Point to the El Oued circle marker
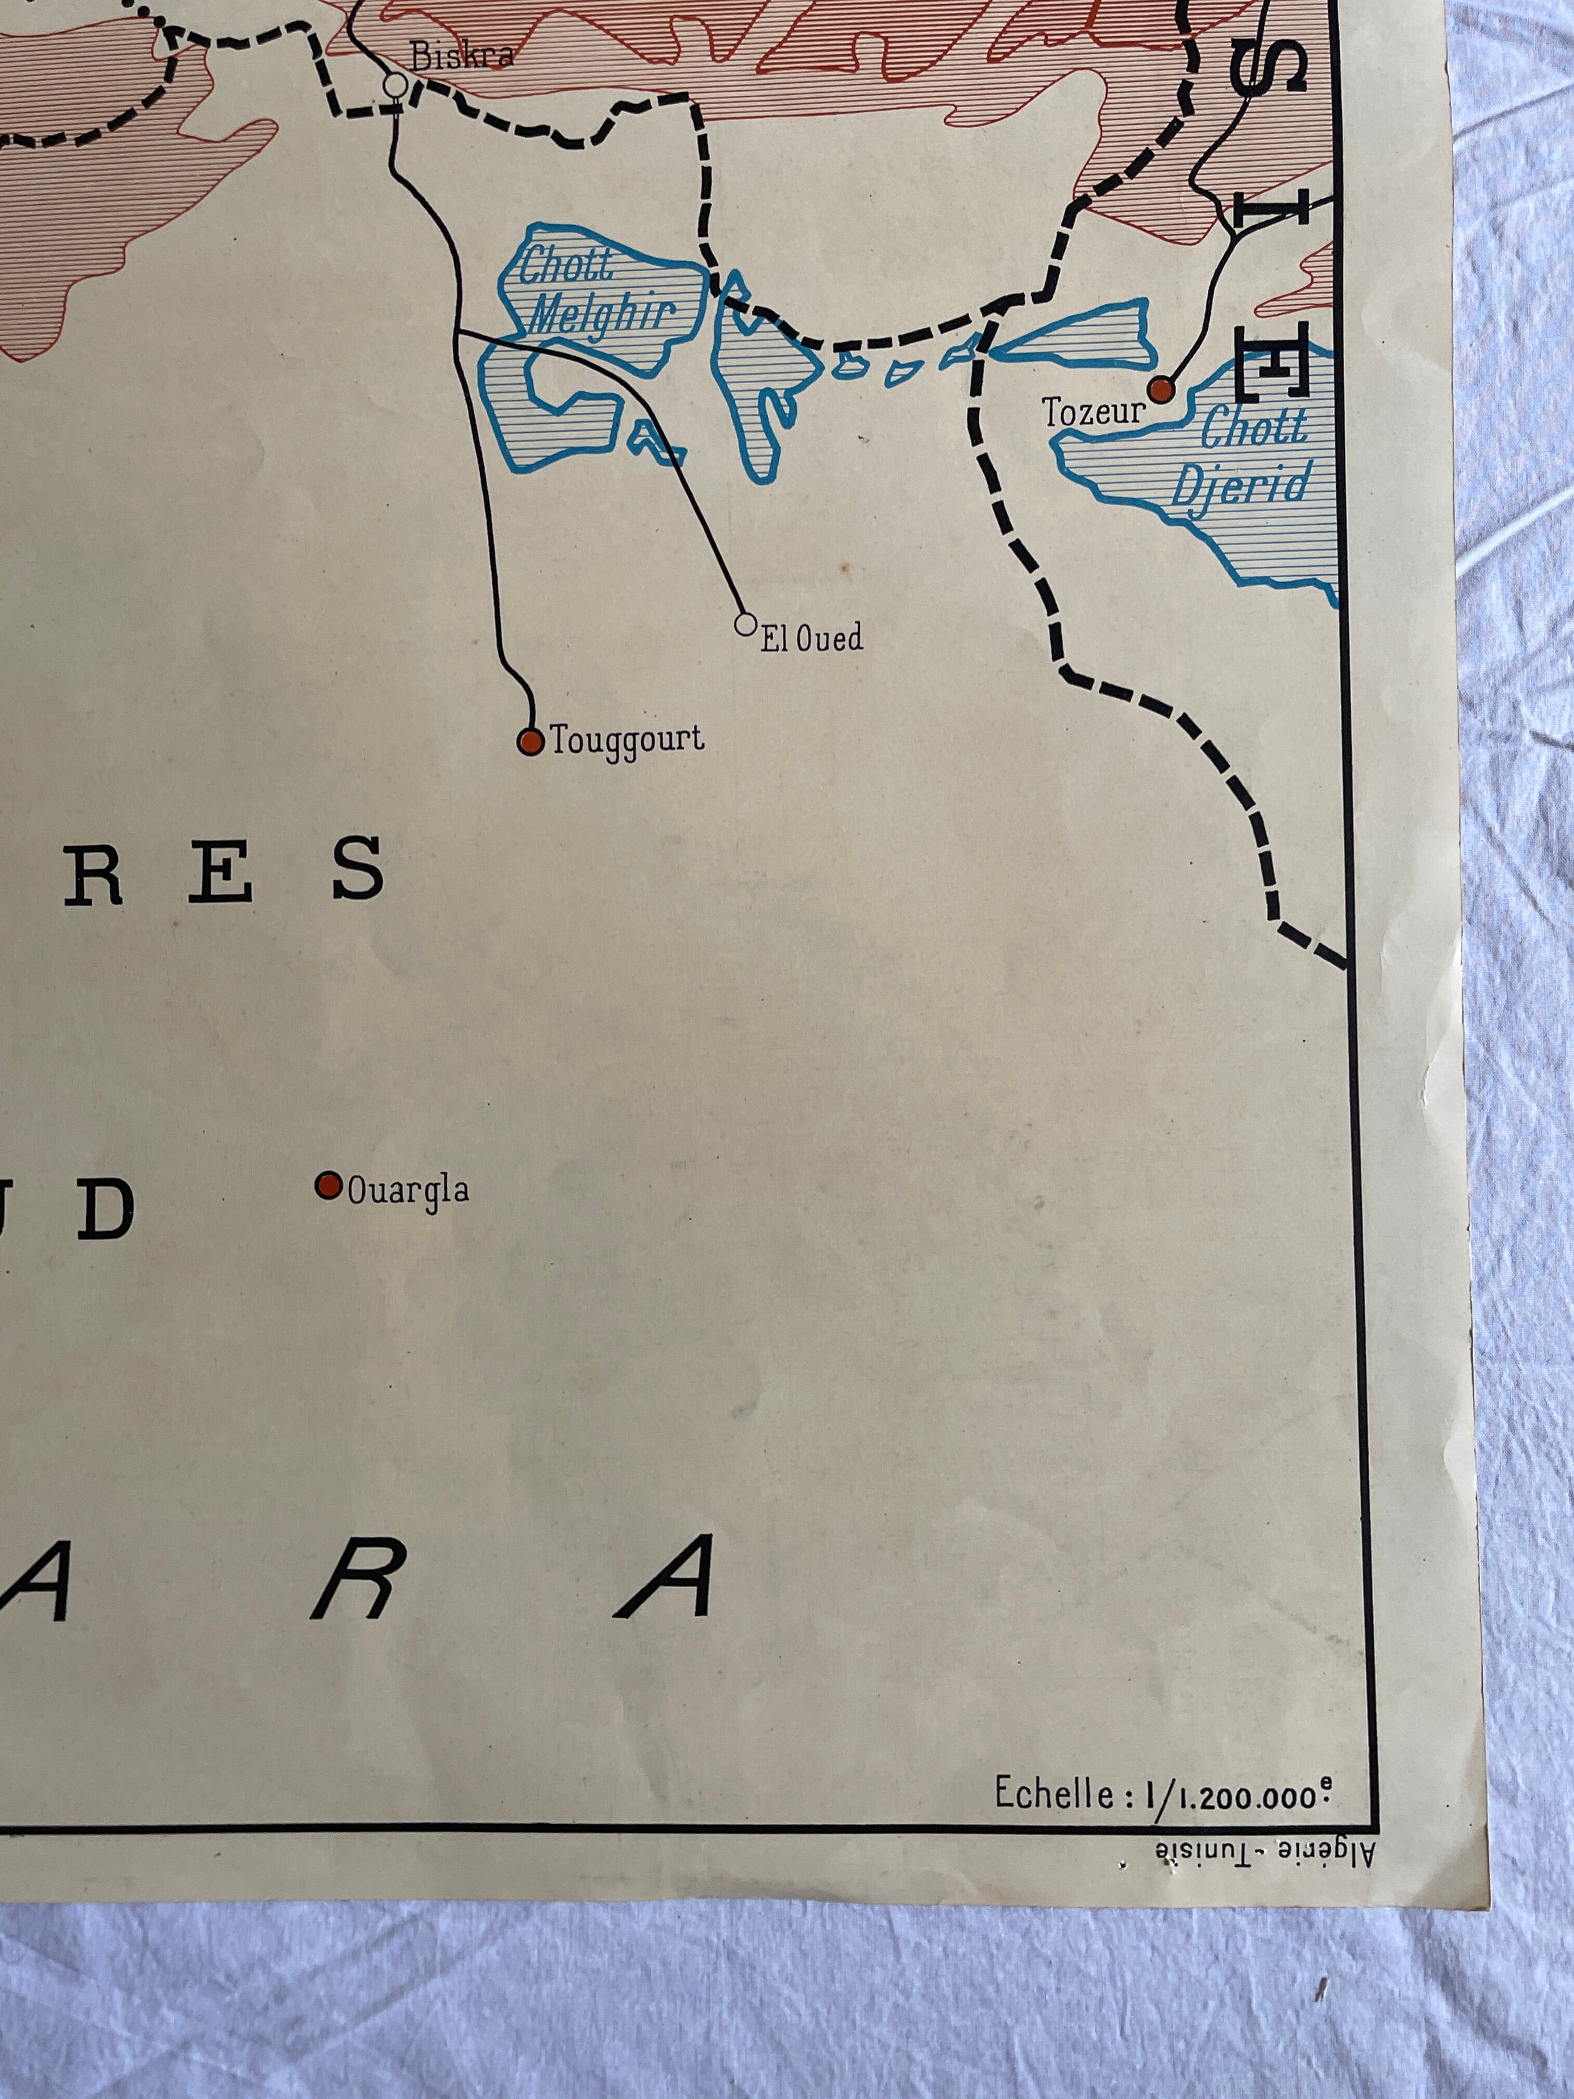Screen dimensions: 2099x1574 [x=746, y=624]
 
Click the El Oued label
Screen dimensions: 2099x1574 [x=811, y=639]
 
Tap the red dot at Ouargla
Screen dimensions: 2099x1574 [x=328, y=1185]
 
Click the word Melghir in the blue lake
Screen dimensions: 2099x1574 [x=602, y=313]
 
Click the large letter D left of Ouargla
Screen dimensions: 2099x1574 [x=105, y=1210]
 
